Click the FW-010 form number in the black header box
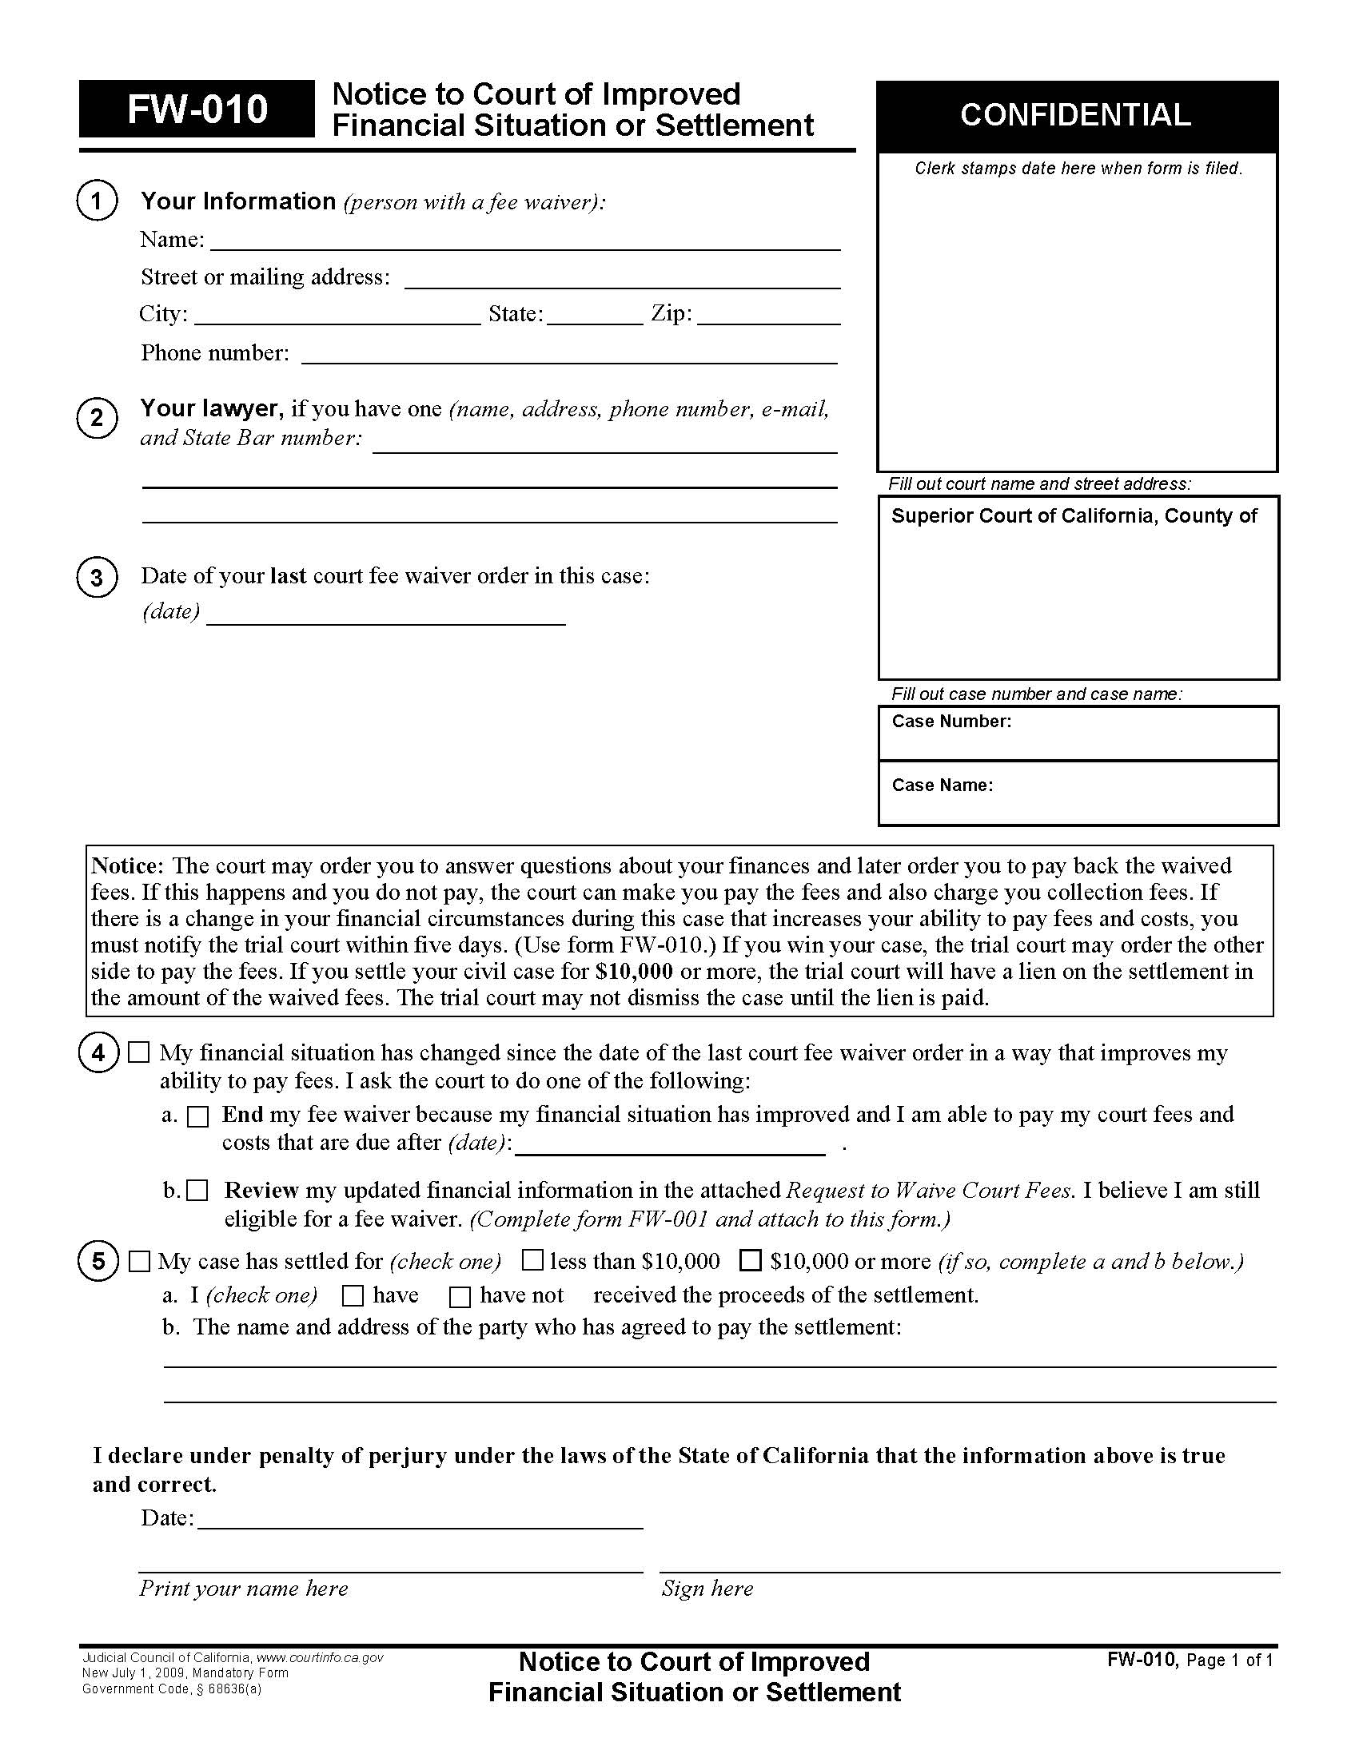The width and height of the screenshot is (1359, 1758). [197, 109]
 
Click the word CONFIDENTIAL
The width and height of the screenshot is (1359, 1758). [1074, 115]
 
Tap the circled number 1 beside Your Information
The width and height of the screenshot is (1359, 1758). [98, 201]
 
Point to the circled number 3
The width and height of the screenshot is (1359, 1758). [98, 578]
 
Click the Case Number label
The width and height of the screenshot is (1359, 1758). [951, 722]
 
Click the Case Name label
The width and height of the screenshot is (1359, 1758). [942, 785]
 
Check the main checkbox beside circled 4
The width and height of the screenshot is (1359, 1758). [139, 1053]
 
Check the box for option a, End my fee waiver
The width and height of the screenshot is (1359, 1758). [198, 1116]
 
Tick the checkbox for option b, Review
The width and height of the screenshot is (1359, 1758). [198, 1191]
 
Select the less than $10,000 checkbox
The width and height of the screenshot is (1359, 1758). [532, 1260]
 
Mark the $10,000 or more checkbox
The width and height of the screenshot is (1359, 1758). [751, 1260]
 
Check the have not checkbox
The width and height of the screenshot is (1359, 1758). [460, 1296]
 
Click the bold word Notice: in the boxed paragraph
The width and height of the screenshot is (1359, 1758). [127, 866]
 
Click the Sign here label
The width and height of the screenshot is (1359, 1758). [707, 1588]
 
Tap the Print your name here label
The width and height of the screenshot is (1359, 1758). [243, 1588]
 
